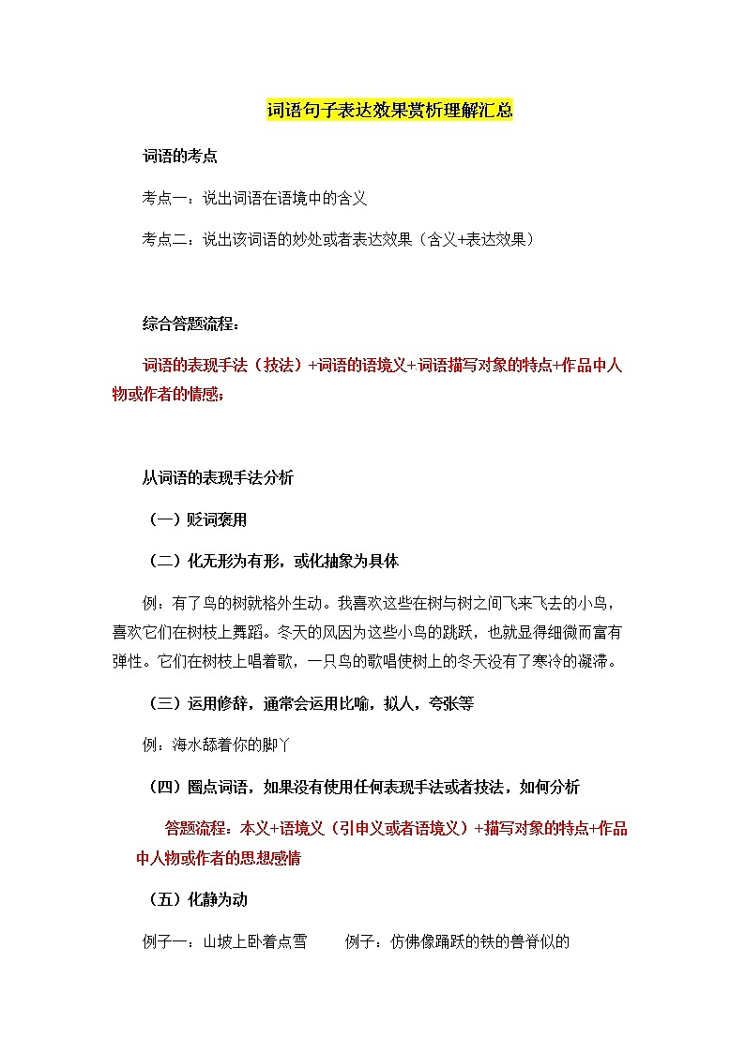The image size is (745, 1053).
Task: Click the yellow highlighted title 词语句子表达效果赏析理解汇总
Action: tap(389, 111)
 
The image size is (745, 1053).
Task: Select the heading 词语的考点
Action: tap(180, 157)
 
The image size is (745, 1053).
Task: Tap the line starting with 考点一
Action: tap(254, 198)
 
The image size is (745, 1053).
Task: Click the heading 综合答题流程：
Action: tap(190, 324)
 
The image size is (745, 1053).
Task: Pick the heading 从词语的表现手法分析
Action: tap(218, 478)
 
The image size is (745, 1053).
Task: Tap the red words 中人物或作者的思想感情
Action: tap(219, 858)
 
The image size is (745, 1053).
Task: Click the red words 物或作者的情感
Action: tap(168, 395)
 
